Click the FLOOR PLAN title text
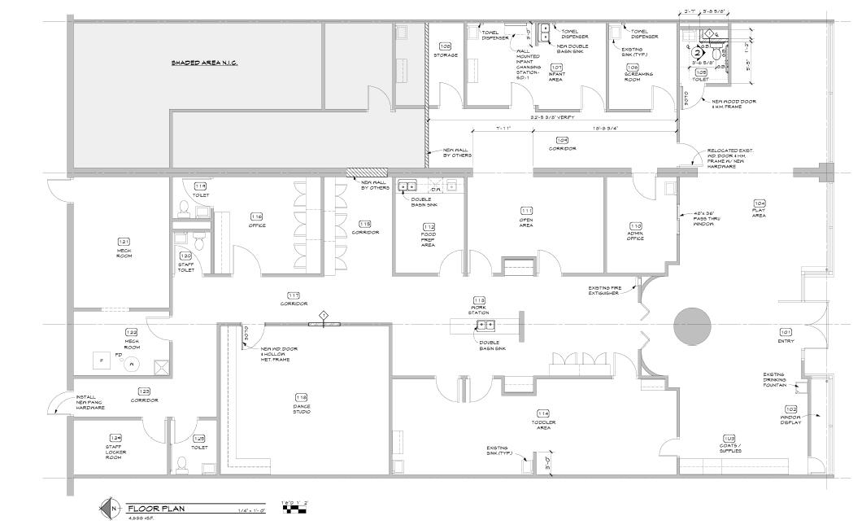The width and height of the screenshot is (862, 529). [x=156, y=509]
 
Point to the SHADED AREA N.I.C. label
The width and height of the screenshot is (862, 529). [x=204, y=63]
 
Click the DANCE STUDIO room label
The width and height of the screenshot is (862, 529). [x=301, y=409]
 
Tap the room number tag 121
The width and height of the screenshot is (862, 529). [x=124, y=242]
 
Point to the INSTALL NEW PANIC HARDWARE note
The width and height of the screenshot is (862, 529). [x=90, y=401]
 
